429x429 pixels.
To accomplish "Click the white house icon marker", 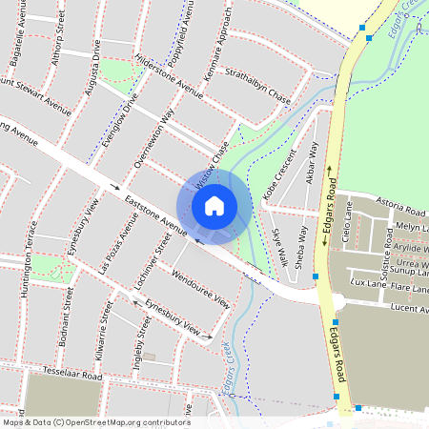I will coord(214,205).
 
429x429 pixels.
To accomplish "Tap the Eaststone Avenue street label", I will coord(155,214).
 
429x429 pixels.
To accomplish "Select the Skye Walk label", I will coord(279,246).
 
